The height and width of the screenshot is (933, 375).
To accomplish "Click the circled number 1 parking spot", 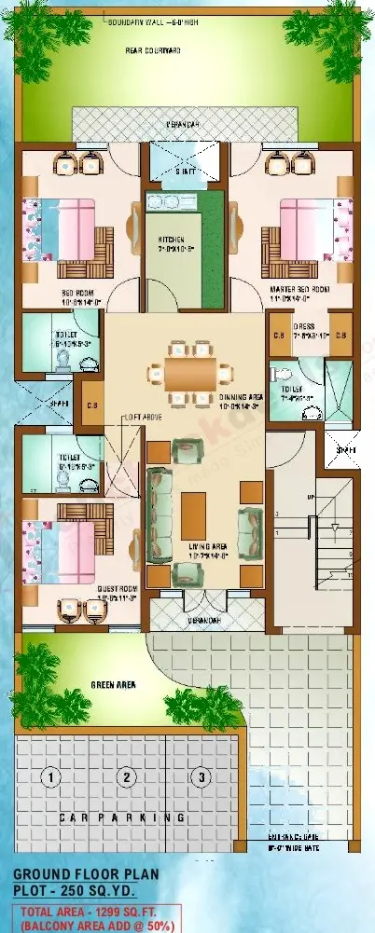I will point(53,776).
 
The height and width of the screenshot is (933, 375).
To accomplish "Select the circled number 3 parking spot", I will point(198,776).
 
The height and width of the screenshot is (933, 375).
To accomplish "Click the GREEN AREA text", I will point(114,685).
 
